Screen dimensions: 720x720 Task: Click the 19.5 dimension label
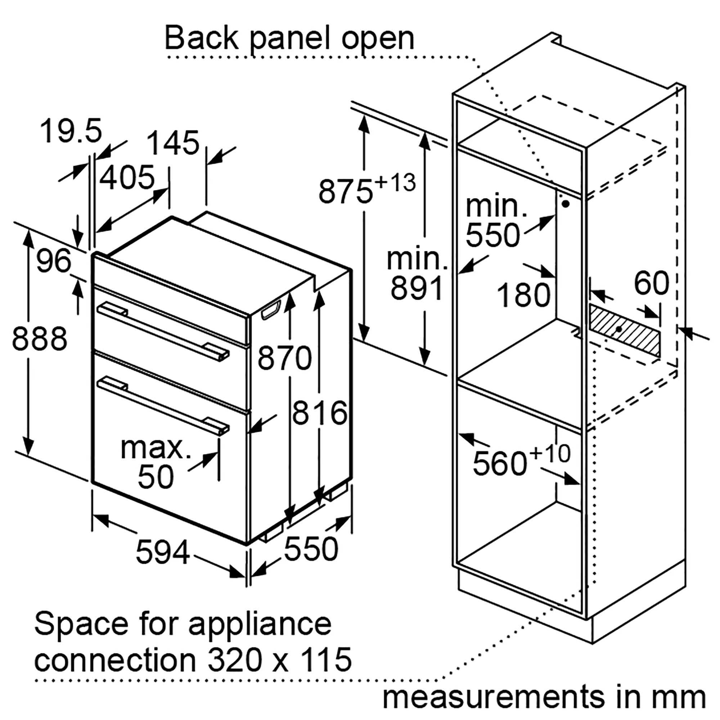pos(71,131)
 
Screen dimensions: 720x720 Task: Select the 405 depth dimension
pos(127,177)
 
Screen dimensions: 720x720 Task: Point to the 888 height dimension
pos(40,338)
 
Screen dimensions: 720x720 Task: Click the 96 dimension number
pos(54,261)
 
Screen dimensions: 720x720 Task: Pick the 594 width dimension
pos(163,552)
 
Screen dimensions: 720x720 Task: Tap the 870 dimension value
pos(285,357)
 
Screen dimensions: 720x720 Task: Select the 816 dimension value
pos(320,413)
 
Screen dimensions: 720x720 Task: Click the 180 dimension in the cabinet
pos(523,295)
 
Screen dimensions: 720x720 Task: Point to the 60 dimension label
pos(652,283)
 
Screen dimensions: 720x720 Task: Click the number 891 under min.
pos(417,288)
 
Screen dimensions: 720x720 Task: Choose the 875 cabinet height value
pos(346,192)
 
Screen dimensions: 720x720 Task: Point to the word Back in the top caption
pos(202,39)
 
